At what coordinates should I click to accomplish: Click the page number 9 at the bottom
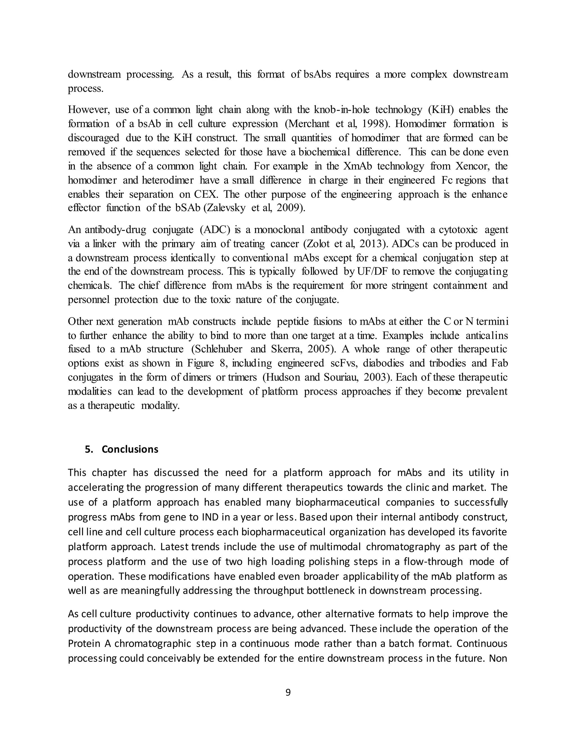click(288, 692)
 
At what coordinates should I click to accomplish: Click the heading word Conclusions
click(130, 449)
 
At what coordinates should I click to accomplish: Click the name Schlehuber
click(219, 349)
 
